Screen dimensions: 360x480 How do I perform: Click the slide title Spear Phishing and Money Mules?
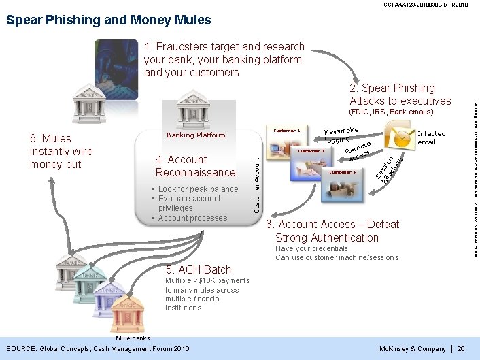point(109,20)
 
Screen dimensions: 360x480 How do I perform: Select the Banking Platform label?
point(196,135)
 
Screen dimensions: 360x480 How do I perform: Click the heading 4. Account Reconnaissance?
point(195,166)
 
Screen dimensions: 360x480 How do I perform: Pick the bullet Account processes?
point(192,218)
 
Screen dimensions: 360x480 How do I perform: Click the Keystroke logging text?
point(341,134)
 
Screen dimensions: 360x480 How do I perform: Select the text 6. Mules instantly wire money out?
point(61,151)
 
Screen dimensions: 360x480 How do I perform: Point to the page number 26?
point(461,349)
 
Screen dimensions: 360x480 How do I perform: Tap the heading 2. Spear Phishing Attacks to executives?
point(400,95)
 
